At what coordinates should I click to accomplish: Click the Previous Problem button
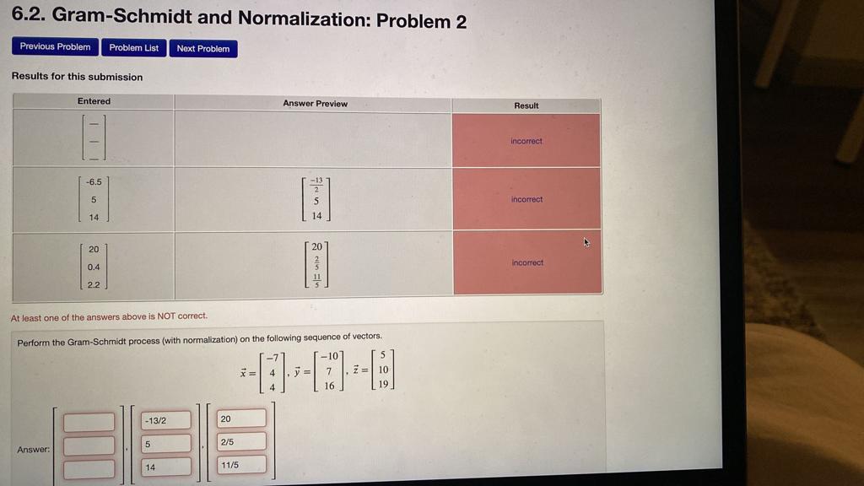point(55,47)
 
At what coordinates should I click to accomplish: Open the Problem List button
point(133,48)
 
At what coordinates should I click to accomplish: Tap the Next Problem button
point(202,49)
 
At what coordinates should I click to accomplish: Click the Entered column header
point(94,101)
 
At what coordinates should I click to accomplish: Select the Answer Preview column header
point(315,104)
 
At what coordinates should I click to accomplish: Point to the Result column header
point(526,105)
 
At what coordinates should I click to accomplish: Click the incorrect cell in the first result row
point(526,141)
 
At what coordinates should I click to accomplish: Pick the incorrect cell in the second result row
point(526,199)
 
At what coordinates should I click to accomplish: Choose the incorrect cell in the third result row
point(527,262)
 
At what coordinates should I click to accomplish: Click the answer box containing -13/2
point(166,420)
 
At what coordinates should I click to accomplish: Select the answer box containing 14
point(166,467)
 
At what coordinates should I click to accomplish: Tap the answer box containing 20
point(241,418)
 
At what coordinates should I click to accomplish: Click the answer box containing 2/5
point(241,441)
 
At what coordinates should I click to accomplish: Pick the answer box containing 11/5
point(242,464)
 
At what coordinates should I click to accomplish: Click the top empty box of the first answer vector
point(89,422)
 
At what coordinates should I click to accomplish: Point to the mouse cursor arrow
point(586,242)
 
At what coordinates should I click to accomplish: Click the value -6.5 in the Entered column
point(93,181)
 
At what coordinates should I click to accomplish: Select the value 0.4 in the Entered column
point(93,267)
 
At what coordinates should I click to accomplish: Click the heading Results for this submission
point(77,77)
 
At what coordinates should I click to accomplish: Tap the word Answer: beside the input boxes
point(34,450)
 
